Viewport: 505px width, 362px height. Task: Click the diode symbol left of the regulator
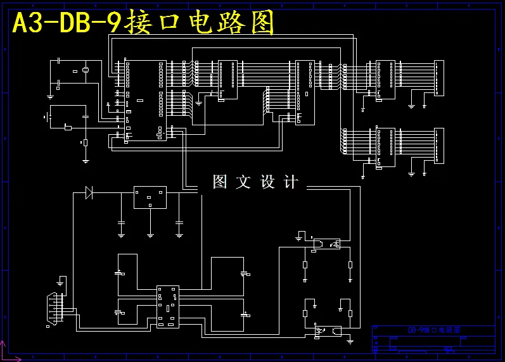[x=89, y=193]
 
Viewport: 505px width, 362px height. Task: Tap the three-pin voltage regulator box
[x=150, y=197]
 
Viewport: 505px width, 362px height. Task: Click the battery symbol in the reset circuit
[x=47, y=117]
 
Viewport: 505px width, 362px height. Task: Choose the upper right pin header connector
[x=438, y=78]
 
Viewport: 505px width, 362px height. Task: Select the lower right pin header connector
[x=438, y=145]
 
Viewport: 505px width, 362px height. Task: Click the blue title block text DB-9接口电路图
[x=433, y=330]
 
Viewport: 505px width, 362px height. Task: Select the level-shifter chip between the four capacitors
[x=168, y=306]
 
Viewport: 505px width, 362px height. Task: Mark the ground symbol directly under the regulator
[x=150, y=235]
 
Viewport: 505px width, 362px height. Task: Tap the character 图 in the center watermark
[x=220, y=182]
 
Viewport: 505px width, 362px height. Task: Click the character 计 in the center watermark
[x=291, y=182]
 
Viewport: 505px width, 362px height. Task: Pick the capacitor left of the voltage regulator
[x=121, y=223]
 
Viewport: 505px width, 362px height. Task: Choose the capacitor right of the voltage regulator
[x=179, y=223]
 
